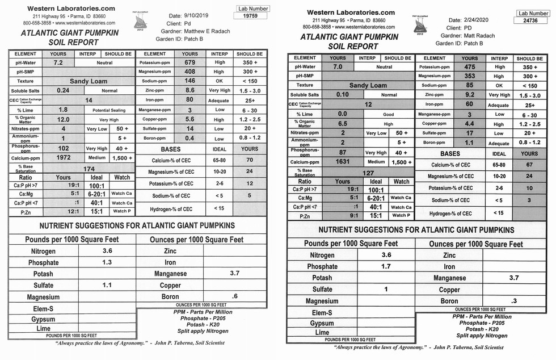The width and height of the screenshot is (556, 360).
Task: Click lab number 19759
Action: coord(250,16)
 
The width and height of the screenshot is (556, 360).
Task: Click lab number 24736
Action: coord(531,20)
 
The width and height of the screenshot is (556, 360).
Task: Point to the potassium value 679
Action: coord(189,62)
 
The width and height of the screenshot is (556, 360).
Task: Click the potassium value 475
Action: coord(469,67)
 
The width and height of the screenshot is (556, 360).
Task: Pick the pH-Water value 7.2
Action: coord(58,62)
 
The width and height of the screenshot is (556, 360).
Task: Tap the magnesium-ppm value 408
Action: coord(189,72)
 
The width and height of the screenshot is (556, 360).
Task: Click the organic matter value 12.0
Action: coord(63,120)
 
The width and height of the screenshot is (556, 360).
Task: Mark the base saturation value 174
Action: coord(89,169)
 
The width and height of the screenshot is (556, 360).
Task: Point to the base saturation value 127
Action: coord(368,173)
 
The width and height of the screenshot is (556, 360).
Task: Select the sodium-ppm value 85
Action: coord(469,86)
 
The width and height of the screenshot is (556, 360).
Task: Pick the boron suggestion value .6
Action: coord(234,296)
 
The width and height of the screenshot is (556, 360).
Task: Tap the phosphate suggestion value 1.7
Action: coord(386,266)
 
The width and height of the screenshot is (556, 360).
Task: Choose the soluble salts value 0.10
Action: coord(342,95)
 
